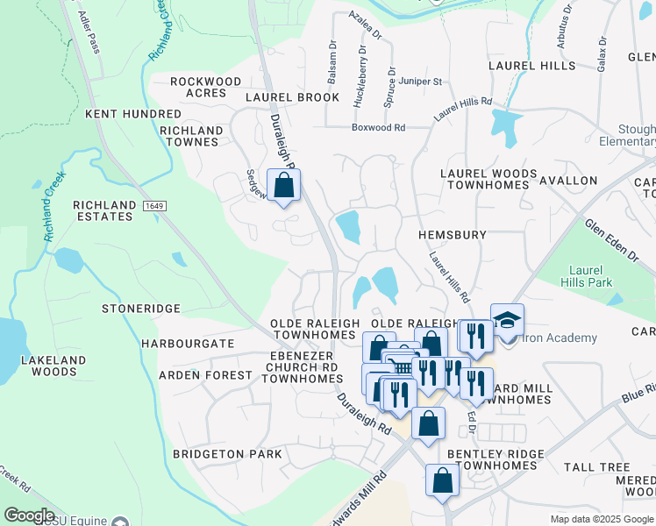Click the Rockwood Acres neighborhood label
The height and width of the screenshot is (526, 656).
[x=205, y=89]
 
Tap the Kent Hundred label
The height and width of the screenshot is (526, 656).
[x=132, y=114]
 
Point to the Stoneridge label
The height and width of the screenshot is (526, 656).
[x=140, y=309]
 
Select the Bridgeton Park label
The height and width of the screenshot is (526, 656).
[x=227, y=454]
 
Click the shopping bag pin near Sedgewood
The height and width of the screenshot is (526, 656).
[x=283, y=185]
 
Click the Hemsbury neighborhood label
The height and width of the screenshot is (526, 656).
[x=452, y=236]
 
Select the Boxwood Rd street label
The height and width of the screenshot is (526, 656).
[x=378, y=127]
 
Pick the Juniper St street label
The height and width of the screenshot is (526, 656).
[x=420, y=82]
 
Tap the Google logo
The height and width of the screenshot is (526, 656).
[x=29, y=515]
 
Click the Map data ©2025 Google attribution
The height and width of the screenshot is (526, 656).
[x=602, y=519]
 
